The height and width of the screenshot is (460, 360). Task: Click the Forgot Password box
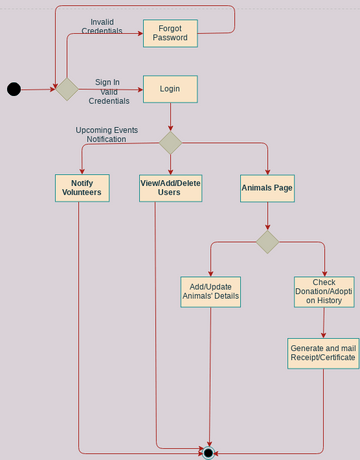coord(170,33)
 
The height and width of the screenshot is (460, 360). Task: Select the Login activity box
coord(170,89)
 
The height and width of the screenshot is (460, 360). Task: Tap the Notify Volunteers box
coord(81,188)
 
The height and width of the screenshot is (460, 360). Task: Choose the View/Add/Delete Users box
coord(170,188)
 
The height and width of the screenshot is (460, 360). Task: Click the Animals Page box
coord(267,188)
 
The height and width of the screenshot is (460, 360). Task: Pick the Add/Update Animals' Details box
coord(210,291)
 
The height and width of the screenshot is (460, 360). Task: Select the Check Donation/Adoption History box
coord(324,291)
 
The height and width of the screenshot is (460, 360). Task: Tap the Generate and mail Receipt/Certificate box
coord(323,353)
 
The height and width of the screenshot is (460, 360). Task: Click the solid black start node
coord(14,89)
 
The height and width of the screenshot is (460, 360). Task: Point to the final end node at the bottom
coord(208,453)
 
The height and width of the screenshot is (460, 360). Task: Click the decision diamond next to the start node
coord(66,89)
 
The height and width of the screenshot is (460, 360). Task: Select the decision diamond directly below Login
coord(170,143)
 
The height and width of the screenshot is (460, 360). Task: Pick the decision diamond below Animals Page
coord(267,242)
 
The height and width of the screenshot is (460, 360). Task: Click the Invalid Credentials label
coord(102,26)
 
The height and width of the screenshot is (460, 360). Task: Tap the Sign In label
coord(107,82)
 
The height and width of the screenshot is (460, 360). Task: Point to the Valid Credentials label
coord(108,96)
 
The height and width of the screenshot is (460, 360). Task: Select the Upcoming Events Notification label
coord(107,134)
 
